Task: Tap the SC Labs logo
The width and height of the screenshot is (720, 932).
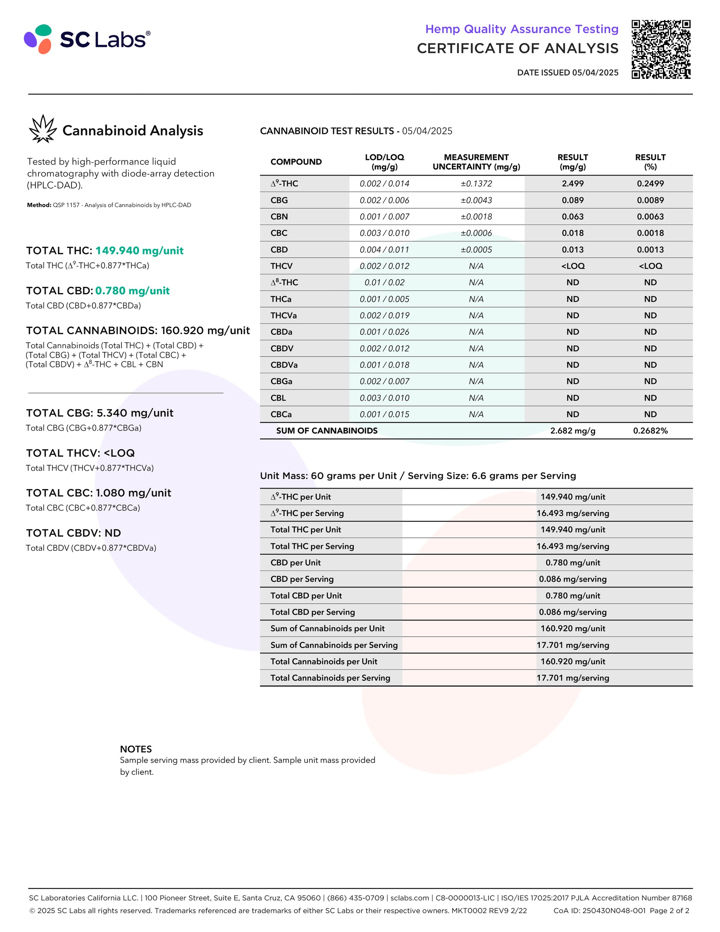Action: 87,39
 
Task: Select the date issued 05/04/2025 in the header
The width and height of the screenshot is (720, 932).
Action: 567,73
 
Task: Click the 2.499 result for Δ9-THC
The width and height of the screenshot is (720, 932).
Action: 572,184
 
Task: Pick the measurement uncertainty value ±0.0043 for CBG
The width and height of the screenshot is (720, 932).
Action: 476,200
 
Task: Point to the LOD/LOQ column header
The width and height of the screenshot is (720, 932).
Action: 384,162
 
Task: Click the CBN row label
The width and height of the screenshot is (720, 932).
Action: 279,217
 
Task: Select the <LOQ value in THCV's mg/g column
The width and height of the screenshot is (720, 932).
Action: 572,266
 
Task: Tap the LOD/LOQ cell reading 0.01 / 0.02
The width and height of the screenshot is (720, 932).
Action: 384,282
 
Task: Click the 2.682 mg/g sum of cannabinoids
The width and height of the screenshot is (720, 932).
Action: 572,430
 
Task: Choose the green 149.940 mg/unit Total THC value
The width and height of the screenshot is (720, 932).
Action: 139,251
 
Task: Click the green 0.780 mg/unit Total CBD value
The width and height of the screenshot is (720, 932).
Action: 132,291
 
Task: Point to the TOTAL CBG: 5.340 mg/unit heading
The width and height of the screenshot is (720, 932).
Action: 100,413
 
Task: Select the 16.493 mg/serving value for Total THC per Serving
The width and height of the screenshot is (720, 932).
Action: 572,546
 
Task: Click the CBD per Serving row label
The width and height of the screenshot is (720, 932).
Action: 302,579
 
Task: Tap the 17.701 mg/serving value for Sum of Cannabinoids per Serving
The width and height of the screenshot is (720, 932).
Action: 572,645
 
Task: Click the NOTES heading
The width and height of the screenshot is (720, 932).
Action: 136,749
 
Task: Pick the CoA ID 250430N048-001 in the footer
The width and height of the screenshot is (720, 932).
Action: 599,910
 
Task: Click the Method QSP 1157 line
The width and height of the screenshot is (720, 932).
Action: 109,205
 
